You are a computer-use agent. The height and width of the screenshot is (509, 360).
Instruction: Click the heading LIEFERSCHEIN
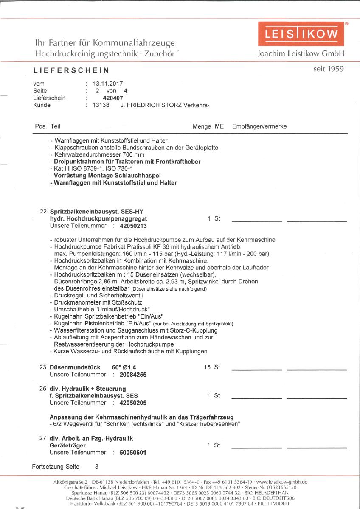71,70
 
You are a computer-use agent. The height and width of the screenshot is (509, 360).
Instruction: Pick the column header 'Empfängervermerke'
259,126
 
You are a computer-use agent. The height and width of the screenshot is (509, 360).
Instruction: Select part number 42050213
133,226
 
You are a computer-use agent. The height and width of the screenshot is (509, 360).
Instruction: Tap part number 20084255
133,375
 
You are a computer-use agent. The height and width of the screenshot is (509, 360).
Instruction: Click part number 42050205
133,402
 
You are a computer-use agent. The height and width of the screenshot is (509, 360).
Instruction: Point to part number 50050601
133,452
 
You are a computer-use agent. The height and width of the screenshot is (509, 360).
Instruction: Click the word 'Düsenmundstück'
75,367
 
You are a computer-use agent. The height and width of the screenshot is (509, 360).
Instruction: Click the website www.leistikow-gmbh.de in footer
281,482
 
